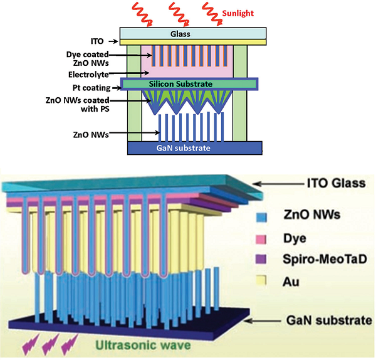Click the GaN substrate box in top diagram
[194, 149]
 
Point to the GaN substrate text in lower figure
[330, 320]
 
